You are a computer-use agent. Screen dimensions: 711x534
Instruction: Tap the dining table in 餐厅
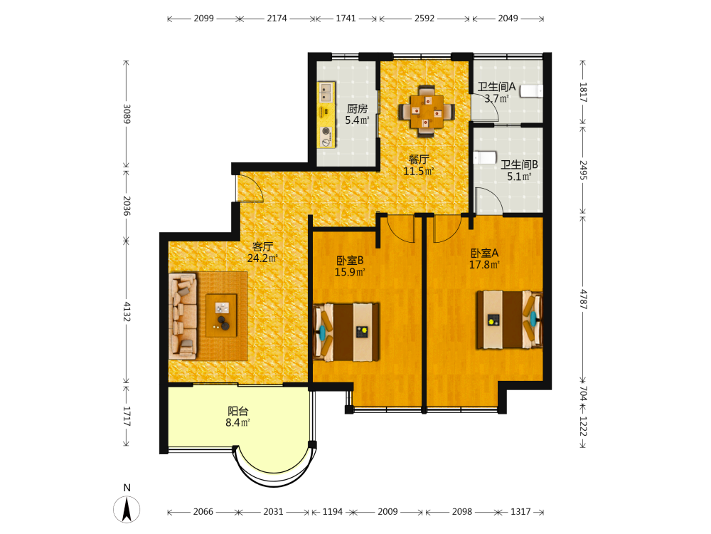pyautogui.click(x=426, y=111)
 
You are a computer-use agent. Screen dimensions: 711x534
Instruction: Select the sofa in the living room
pyautogui.click(x=183, y=316)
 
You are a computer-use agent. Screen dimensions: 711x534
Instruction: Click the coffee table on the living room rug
pyautogui.click(x=221, y=315)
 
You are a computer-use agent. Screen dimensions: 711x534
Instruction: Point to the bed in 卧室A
pyautogui.click(x=509, y=320)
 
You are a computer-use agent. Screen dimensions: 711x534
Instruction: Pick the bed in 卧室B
pyautogui.click(x=346, y=332)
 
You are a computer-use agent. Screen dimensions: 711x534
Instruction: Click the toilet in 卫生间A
pyautogui.click(x=531, y=91)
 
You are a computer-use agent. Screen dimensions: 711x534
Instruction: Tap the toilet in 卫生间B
pyautogui.click(x=485, y=157)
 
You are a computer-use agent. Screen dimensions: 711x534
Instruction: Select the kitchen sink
pyautogui.click(x=326, y=93)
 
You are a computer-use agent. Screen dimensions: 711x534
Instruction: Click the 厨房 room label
pyautogui.click(x=358, y=108)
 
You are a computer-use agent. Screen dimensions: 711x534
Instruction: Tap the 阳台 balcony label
pyautogui.click(x=238, y=411)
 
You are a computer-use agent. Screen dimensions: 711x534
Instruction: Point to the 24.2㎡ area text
pyautogui.click(x=262, y=258)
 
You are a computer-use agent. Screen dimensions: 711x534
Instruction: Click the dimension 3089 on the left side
pyautogui.click(x=127, y=114)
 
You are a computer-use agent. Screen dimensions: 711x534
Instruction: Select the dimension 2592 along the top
pyautogui.click(x=424, y=19)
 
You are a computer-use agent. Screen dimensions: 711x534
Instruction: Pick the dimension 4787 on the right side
pyautogui.click(x=584, y=299)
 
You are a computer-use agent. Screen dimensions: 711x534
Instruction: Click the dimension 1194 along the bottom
pyautogui.click(x=332, y=512)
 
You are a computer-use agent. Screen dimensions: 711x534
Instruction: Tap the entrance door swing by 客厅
pyautogui.click(x=250, y=189)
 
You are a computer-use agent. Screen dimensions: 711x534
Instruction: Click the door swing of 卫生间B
pyautogui.click(x=488, y=200)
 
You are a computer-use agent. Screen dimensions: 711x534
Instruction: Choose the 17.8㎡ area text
pyautogui.click(x=484, y=265)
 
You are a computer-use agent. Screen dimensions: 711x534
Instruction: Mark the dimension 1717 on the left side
pyautogui.click(x=127, y=416)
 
